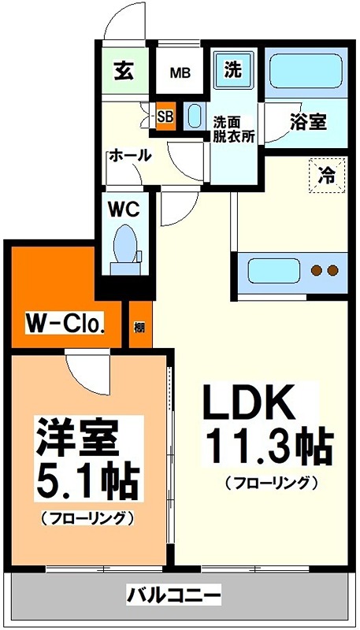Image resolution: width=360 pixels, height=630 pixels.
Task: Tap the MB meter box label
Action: click(181, 73)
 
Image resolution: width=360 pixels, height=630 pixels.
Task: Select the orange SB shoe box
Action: click(165, 117)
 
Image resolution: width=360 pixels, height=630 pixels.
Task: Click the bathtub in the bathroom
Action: click(304, 73)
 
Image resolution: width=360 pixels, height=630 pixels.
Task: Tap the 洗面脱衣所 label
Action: click(234, 128)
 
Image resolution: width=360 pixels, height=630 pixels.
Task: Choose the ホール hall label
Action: click(129, 155)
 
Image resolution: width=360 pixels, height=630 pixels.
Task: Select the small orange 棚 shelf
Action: click(139, 325)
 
